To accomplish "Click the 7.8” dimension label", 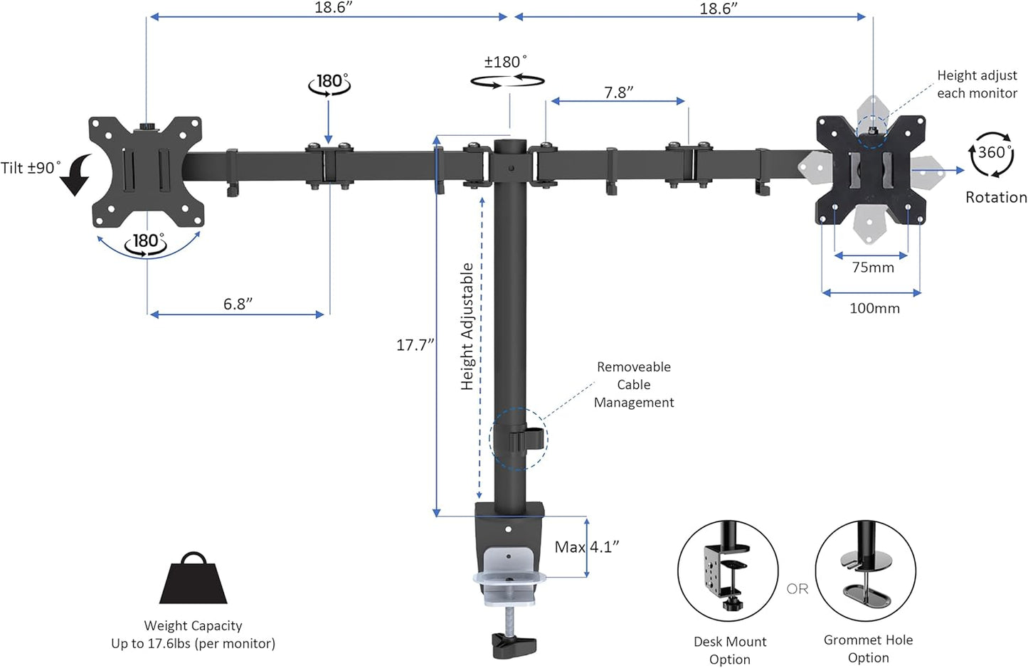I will (618, 92).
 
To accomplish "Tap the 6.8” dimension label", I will (238, 304).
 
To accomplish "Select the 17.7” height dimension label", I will (415, 345).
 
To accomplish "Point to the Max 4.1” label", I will (587, 547).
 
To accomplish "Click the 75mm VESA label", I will (873, 267).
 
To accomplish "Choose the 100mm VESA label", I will (874, 308).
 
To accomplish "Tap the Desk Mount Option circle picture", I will (728, 571).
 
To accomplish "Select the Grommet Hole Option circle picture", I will (866, 571).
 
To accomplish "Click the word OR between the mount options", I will (798, 588).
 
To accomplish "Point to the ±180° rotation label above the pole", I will (506, 62).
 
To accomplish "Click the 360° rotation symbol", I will (991, 154).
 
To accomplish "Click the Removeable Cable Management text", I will (633, 384).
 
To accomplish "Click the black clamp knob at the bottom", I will (512, 645).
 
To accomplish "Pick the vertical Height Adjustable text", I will (467, 327).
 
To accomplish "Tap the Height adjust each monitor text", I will (976, 84).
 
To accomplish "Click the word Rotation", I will (995, 197).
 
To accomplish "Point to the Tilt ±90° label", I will (31, 168).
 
